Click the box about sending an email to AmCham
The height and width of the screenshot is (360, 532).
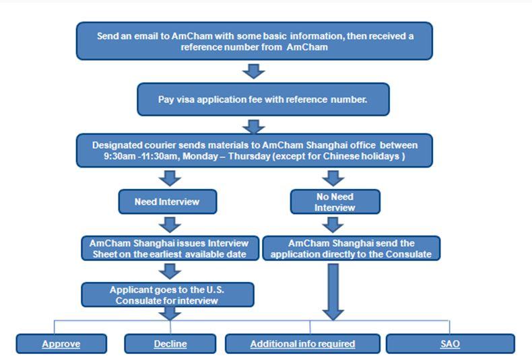coord(254,41)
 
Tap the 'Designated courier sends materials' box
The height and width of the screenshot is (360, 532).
coord(255,151)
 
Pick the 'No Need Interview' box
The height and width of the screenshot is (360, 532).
coord(335,202)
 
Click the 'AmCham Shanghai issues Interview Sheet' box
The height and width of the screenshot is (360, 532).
coord(170,248)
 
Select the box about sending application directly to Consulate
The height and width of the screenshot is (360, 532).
coord(351,248)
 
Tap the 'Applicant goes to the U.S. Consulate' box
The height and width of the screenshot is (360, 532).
coord(168,295)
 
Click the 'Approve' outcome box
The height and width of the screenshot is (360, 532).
coord(61,344)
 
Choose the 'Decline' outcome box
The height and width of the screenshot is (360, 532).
coord(170,344)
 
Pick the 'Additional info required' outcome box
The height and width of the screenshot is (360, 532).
coord(302,344)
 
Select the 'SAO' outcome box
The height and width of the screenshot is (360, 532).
coord(450,344)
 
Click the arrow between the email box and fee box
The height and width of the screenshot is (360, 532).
coord(254,71)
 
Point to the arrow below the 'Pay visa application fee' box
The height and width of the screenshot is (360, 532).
coord(255,126)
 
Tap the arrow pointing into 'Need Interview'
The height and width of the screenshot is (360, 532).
coord(172,178)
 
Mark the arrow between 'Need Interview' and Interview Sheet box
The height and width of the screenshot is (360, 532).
coord(172,224)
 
